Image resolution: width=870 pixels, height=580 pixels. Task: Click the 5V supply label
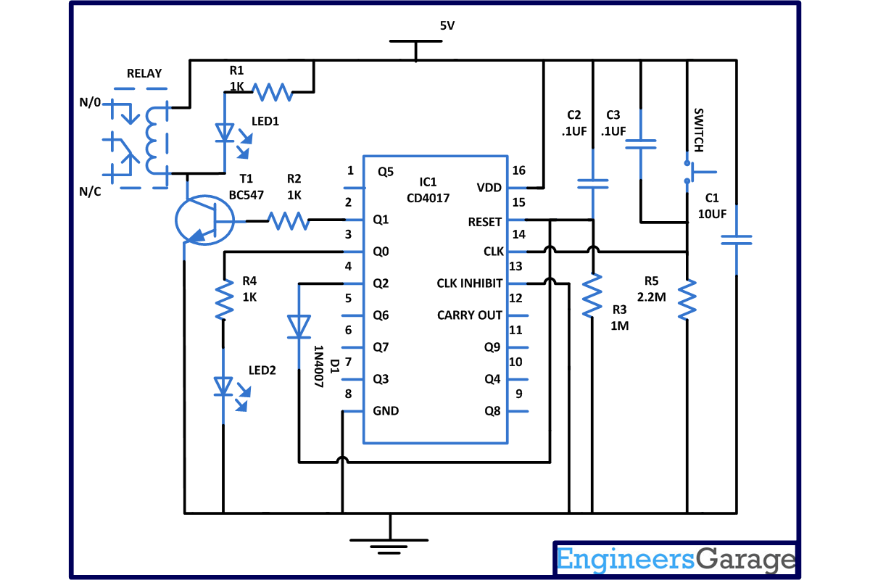(x=447, y=25)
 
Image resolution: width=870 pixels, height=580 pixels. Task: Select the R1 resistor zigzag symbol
(x=273, y=92)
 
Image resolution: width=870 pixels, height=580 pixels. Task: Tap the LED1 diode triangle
(x=225, y=133)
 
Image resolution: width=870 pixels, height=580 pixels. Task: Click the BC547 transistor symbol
(x=204, y=220)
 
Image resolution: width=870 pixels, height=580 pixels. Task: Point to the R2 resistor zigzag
(x=289, y=220)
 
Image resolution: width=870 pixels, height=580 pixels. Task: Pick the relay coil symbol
(x=152, y=140)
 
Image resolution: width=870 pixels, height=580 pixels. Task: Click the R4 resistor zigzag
(x=224, y=299)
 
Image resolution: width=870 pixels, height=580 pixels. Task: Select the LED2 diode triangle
(x=223, y=386)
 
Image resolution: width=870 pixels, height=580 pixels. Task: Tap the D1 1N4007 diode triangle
(x=299, y=326)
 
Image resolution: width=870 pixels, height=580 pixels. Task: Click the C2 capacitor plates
(x=593, y=183)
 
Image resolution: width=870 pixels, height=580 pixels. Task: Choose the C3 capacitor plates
(x=640, y=144)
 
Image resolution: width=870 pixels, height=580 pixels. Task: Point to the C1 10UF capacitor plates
(x=737, y=240)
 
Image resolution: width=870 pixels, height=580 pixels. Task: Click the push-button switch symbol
(x=695, y=172)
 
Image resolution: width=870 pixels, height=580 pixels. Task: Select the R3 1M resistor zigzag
(x=592, y=295)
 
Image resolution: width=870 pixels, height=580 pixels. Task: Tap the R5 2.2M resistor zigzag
(x=687, y=299)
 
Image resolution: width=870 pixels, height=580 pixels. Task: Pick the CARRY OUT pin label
(x=470, y=315)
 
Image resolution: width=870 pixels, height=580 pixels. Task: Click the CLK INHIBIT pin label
(x=470, y=283)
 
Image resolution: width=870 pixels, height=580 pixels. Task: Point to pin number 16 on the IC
(x=518, y=170)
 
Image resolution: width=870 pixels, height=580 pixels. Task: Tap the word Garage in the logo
(x=745, y=560)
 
